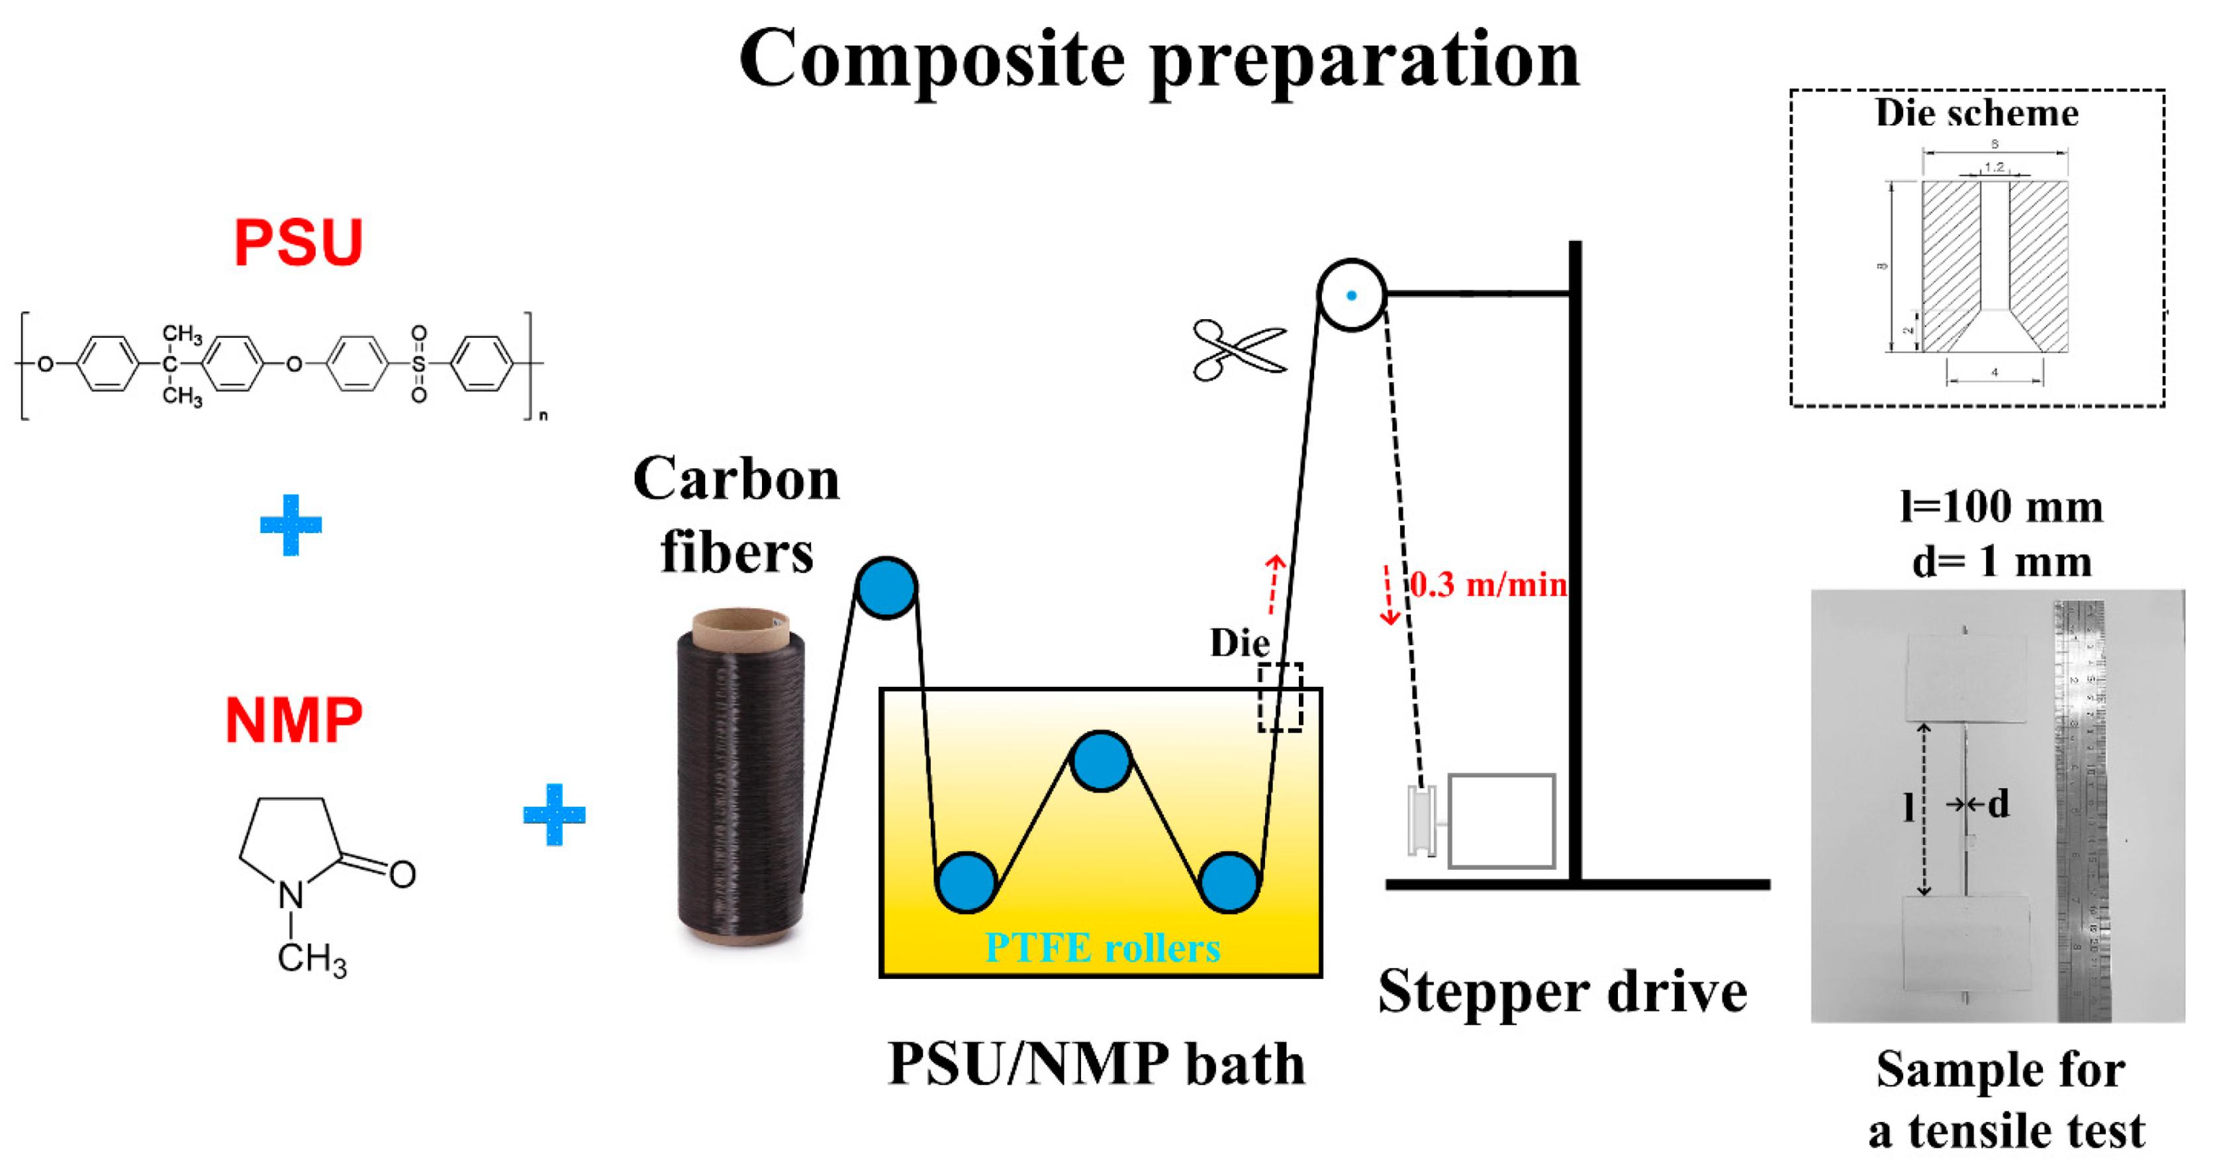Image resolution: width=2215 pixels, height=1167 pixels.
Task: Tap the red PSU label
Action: tap(299, 242)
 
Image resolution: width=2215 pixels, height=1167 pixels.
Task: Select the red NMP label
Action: tap(293, 720)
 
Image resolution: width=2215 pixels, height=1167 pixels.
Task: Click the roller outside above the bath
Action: tap(886, 587)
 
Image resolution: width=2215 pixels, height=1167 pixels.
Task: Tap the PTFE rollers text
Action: tap(1102, 948)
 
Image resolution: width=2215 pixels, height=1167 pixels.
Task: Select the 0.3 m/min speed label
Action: tap(1488, 585)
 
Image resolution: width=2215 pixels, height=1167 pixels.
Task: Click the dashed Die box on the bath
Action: tap(1280, 697)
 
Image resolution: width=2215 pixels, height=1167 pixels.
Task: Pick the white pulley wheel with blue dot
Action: tap(1351, 295)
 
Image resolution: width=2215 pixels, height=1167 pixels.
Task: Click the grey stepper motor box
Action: tap(1501, 821)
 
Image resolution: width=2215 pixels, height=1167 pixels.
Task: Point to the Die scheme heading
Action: tap(1977, 113)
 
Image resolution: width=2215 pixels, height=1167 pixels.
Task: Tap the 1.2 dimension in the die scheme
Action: tap(1994, 167)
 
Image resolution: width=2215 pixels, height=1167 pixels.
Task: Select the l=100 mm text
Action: tap(2001, 507)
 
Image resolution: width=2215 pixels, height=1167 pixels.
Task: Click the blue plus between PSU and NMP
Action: tap(291, 525)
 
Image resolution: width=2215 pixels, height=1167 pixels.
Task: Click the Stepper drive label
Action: tap(1562, 992)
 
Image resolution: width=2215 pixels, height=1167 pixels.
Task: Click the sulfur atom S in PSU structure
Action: tap(419, 364)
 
